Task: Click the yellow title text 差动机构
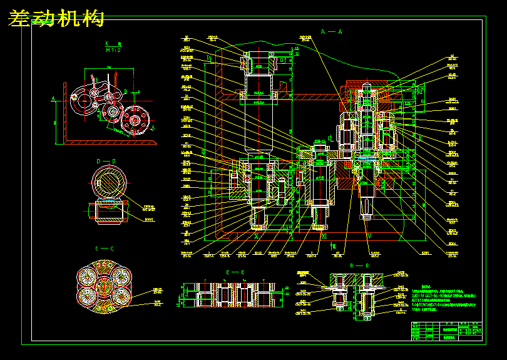[56, 19]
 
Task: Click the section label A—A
[332, 31]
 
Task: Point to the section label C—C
[104, 249]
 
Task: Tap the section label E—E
[235, 272]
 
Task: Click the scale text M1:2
[112, 49]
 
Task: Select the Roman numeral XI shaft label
[324, 237]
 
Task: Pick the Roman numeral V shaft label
[369, 237]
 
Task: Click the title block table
[448, 331]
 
